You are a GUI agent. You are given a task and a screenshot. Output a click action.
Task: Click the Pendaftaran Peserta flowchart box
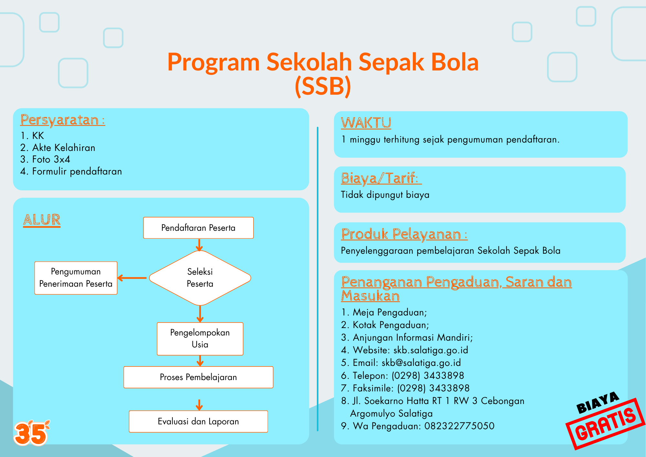pos(198,228)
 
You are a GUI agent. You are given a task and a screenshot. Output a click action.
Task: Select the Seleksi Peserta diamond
pos(200,278)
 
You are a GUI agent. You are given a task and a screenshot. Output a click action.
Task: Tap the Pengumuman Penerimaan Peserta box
pos(76,278)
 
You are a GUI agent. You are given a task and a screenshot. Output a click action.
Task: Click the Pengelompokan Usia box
pos(200,339)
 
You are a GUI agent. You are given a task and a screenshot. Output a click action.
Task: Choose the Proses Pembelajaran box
pos(198,377)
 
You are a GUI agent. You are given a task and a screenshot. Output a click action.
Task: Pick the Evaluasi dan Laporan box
pos(198,421)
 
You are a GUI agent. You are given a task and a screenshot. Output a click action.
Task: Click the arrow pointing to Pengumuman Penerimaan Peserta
pos(132,278)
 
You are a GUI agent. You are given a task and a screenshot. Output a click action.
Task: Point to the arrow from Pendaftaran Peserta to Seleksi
pos(199,245)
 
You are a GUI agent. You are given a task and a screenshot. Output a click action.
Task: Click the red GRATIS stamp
pos(606,424)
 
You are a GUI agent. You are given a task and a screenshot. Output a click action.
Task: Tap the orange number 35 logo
pos(31,433)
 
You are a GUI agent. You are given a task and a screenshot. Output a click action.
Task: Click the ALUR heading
pos(42,220)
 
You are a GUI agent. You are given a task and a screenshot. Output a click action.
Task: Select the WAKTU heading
pos(366,123)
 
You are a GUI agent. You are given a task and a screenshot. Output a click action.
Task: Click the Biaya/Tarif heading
pos(381,178)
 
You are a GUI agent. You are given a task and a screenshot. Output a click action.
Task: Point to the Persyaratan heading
pos(63,120)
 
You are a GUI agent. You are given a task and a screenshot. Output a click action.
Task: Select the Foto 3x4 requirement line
pos(45,159)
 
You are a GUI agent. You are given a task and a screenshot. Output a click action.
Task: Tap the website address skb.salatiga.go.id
pos(431,350)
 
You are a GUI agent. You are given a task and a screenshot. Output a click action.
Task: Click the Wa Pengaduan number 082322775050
pos(459,426)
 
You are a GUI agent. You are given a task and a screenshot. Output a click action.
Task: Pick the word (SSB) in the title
pos(323,86)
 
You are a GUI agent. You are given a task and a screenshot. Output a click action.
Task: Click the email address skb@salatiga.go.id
pos(421,363)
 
